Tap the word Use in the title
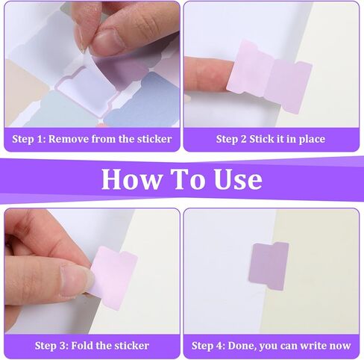pos(234,179)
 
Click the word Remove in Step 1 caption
pos(74,139)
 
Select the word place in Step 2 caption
pos(309,139)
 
